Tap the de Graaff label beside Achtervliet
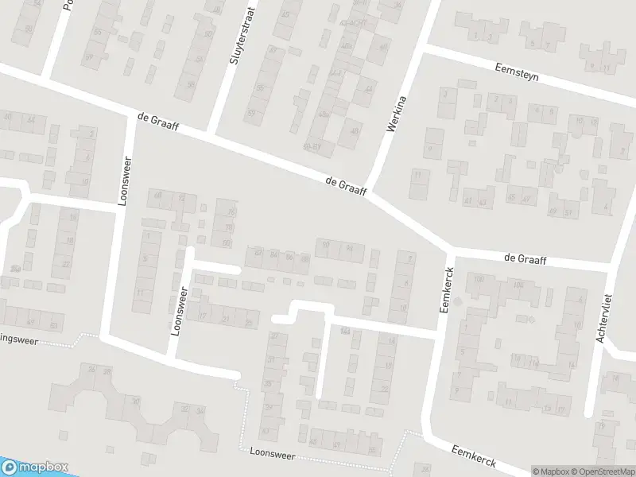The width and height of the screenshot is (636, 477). tap(525, 258)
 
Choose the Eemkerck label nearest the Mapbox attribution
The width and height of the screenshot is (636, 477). tap(474, 455)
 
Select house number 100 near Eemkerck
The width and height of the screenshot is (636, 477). tap(478, 279)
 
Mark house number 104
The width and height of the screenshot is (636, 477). tap(518, 285)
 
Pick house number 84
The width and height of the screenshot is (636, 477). tap(273, 254)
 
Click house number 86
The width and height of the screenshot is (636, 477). tap(289, 255)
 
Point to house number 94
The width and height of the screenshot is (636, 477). tap(350, 248)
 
